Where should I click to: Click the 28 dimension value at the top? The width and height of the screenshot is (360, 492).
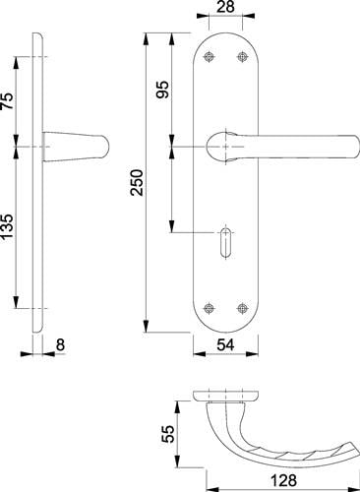tap(225, 7)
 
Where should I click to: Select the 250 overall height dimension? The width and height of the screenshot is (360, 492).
tap(137, 183)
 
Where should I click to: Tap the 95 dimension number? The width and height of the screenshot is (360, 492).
tap(162, 90)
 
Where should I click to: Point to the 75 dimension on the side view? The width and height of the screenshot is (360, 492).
tap(7, 101)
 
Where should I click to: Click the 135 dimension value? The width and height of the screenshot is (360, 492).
tap(7, 226)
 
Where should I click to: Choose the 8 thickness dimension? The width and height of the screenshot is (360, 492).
tap(60, 345)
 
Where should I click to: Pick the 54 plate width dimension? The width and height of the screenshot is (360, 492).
tap(225, 345)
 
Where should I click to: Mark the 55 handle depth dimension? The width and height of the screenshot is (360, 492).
tap(168, 434)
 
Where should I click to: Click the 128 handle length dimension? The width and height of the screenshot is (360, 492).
tap(283, 481)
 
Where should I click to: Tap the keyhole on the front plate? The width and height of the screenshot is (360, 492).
tap(225, 242)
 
